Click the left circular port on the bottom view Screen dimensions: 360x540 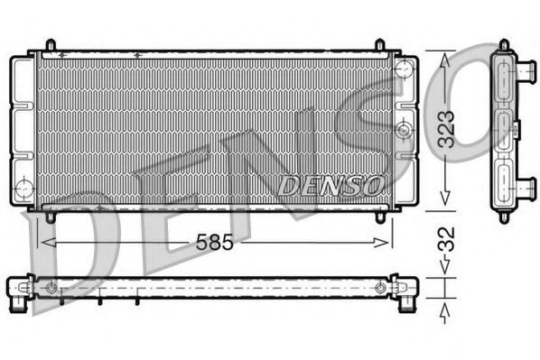(51, 289)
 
